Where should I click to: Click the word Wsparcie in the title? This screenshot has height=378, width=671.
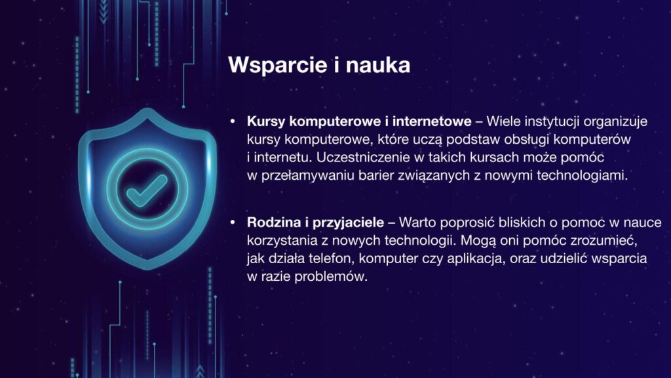[x=278, y=65]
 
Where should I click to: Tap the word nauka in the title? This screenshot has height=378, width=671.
[x=378, y=65]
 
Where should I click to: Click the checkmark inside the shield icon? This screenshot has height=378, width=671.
[x=147, y=190]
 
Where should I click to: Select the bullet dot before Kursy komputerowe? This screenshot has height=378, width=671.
[x=233, y=121]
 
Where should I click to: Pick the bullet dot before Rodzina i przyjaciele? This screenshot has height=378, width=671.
[x=233, y=222]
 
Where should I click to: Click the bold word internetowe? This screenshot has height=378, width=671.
[x=432, y=121]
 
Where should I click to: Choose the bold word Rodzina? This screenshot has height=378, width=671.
[x=274, y=222]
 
